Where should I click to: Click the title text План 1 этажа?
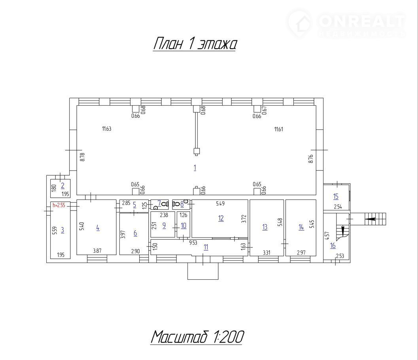pos(195,44)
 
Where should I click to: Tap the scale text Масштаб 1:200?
pos(197,337)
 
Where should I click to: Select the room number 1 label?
pos(195,168)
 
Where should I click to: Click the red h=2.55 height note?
pos(59,205)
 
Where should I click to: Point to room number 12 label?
pos(221,218)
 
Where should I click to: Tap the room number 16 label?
pos(333,245)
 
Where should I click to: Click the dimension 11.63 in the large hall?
pos(107,129)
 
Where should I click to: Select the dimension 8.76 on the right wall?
pos(310,159)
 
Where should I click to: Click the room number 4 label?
pos(98,228)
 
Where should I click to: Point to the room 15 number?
pos(336,197)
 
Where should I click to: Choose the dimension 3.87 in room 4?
pos(97,251)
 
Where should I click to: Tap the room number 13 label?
pos(265,227)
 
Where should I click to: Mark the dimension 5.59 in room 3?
pos(55,231)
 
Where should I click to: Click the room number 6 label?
pos(135,233)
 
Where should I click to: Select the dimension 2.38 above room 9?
pos(164,215)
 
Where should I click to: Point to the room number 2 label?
pos(62,186)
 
